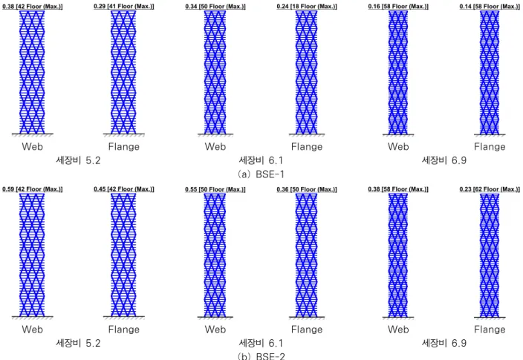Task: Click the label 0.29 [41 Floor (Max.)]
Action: (x=124, y=7)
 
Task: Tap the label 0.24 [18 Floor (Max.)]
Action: (x=307, y=7)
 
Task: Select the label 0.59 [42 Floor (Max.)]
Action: (x=33, y=189)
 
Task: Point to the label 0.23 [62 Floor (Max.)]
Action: (x=490, y=189)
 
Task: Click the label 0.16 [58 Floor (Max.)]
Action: (x=398, y=7)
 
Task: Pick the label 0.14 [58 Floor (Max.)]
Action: (x=490, y=7)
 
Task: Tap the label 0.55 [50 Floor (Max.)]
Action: (x=215, y=189)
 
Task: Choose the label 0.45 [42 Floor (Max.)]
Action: (x=124, y=189)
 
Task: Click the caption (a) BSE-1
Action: (x=261, y=174)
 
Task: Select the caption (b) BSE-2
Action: (x=261, y=356)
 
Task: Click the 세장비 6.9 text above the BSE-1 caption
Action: (x=444, y=160)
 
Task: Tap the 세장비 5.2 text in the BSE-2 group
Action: (x=78, y=343)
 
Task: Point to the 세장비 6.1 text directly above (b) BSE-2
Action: (x=261, y=343)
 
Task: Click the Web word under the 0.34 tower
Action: (x=215, y=146)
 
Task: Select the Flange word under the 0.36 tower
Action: (x=307, y=330)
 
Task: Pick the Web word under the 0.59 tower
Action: (x=33, y=330)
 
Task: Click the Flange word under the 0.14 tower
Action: (x=490, y=147)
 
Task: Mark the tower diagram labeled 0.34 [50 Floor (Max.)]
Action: (x=215, y=72)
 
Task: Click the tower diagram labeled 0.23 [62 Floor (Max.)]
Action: (x=490, y=255)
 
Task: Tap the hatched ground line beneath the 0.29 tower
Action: (x=124, y=134)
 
